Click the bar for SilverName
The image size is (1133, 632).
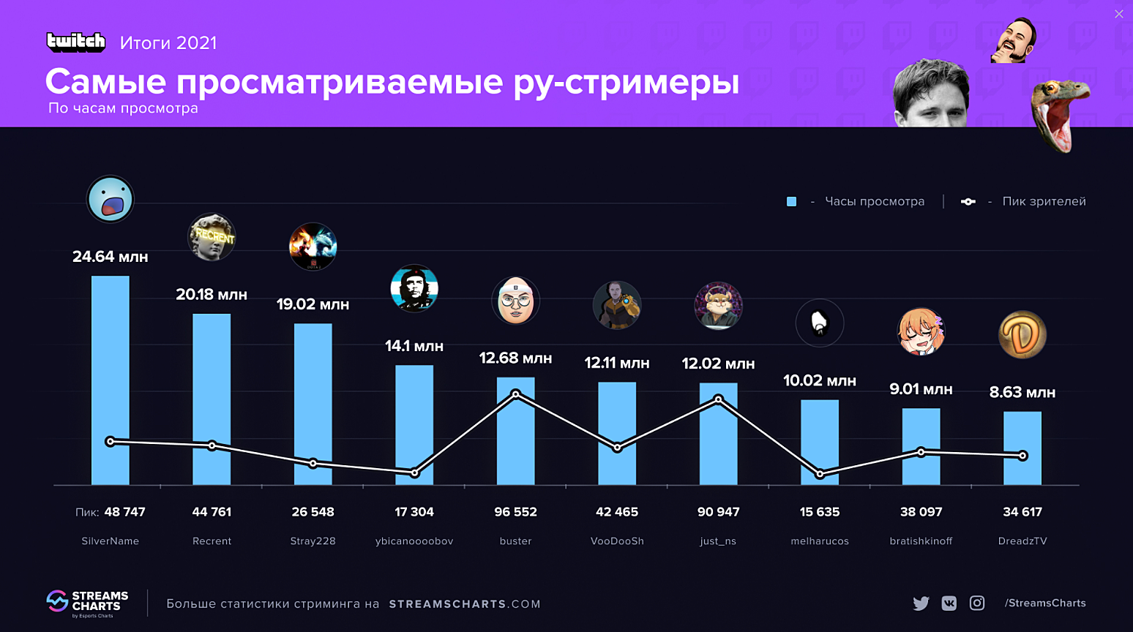[x=110, y=380]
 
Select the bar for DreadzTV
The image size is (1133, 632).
[x=1022, y=448]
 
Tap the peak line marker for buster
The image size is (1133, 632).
[x=516, y=394]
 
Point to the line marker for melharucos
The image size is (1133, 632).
[x=820, y=474]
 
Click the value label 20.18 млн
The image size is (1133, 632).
[x=212, y=295]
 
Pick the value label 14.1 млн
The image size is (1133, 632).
[x=414, y=346]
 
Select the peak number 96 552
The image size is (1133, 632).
[x=515, y=512]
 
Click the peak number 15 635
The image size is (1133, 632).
[x=820, y=512]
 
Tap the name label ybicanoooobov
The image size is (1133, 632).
[x=414, y=541]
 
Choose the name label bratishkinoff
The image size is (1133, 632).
[x=921, y=541]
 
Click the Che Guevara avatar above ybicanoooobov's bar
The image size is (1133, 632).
[x=414, y=288]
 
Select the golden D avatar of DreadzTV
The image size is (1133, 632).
[x=1022, y=335]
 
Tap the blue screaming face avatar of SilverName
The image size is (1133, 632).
[x=111, y=199]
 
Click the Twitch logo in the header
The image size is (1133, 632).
[x=76, y=42]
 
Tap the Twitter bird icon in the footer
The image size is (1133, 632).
[x=921, y=603]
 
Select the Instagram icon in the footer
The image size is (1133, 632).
[x=977, y=603]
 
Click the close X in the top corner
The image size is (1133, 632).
[x=1118, y=14]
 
